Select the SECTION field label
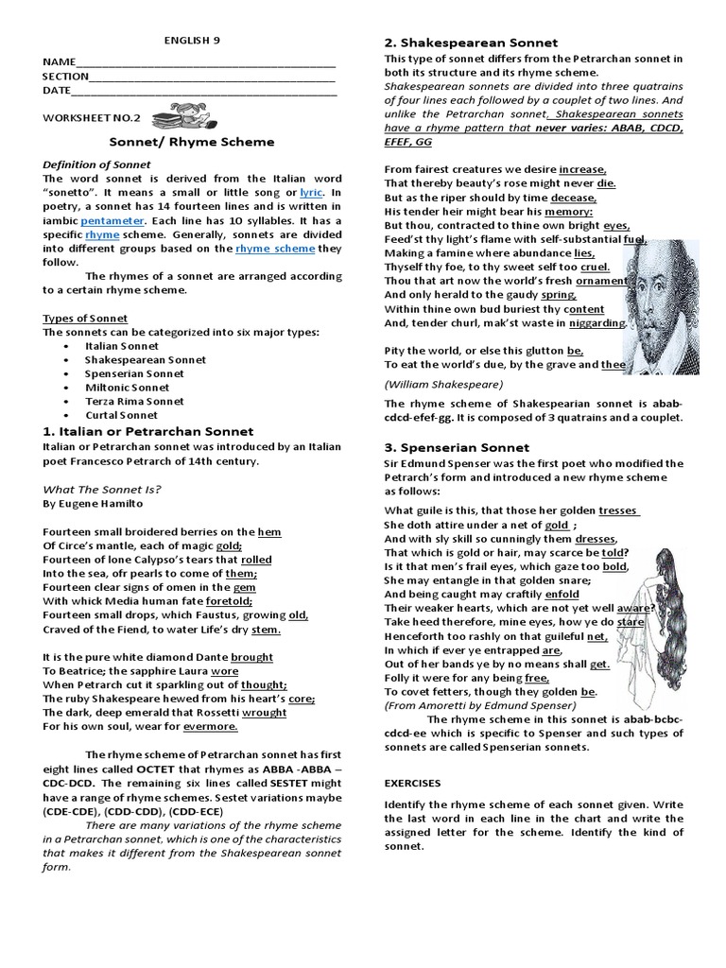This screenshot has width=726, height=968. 64,77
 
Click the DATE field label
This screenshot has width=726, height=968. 56,91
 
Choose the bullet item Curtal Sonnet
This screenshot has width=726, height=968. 123,415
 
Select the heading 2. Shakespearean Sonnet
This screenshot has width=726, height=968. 471,43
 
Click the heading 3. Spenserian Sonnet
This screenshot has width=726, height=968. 458,447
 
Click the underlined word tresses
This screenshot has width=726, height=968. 618,510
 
